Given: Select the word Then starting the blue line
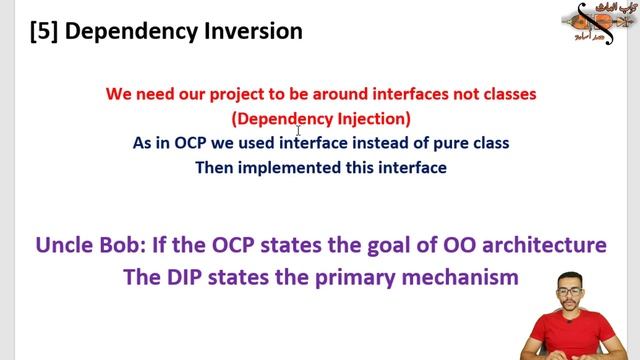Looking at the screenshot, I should pos(215,167).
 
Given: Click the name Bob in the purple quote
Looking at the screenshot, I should pos(129,245).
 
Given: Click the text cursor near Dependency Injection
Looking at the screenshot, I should pos(298,130).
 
